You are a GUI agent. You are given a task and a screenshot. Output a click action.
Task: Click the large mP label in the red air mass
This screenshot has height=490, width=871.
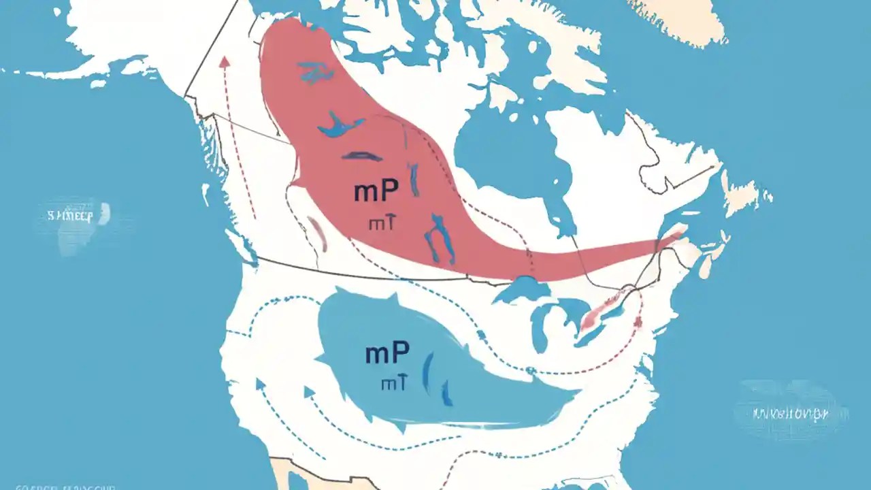pyautogui.click(x=376, y=192)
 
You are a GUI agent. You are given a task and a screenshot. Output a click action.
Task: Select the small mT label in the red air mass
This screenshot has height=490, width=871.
pyautogui.click(x=379, y=223)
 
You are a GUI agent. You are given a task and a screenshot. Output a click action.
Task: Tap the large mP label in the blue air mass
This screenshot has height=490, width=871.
pyautogui.click(x=387, y=353)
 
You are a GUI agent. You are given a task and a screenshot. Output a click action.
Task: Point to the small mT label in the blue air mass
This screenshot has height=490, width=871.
pyautogui.click(x=394, y=383)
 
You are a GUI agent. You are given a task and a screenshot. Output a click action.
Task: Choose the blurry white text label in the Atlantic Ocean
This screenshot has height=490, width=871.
pyautogui.click(x=790, y=412)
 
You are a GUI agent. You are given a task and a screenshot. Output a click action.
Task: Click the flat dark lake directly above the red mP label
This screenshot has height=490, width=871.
pyautogui.click(x=362, y=156)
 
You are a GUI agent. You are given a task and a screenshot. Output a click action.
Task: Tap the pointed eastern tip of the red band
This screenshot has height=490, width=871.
pyautogui.click(x=680, y=234)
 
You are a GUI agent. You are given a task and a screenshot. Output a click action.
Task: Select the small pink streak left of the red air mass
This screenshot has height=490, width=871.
pyautogui.click(x=316, y=231)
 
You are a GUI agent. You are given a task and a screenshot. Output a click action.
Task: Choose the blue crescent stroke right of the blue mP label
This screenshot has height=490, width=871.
pyautogui.click(x=427, y=371)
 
